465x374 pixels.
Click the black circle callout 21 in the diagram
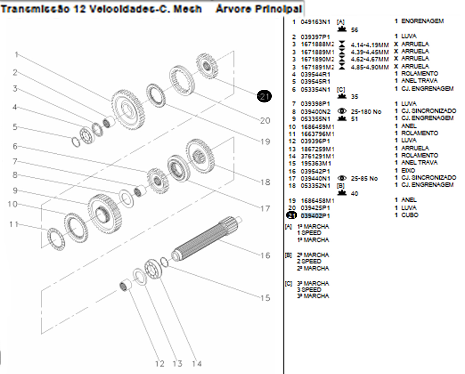point(264,96)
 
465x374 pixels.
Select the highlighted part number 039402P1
point(315,216)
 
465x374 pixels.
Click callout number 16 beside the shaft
point(265,255)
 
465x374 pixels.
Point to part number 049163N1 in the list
point(315,22)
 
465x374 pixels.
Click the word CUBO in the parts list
point(410,215)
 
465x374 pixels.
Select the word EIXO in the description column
point(408,171)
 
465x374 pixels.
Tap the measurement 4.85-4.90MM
point(370,67)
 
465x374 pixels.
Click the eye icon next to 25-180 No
point(342,111)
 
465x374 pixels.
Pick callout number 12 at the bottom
point(159,364)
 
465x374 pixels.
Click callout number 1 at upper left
point(16,55)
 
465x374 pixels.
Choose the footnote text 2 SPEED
point(309,261)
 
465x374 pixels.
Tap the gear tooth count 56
point(354,30)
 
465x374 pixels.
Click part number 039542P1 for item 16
point(315,171)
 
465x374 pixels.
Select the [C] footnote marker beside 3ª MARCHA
point(288,283)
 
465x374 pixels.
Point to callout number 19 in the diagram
point(265,142)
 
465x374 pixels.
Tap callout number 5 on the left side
point(15,127)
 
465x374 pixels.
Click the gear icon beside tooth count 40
point(342,193)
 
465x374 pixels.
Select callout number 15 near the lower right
point(265,298)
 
